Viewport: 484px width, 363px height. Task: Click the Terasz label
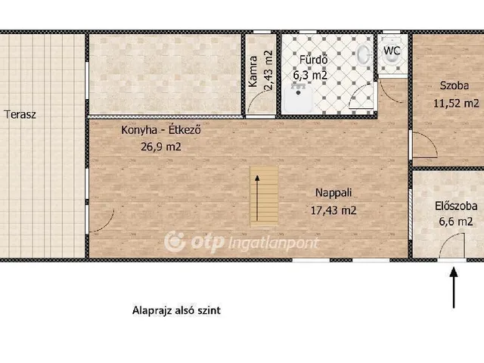coord(20,115)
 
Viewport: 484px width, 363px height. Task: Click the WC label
coord(392,51)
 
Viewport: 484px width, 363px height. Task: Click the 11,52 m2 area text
coord(456,103)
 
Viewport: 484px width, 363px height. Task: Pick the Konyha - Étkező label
coord(161,130)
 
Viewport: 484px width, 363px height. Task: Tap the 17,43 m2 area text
coord(333,211)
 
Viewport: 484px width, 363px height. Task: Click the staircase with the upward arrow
coord(264,196)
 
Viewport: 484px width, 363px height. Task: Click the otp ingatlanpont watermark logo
coord(242,242)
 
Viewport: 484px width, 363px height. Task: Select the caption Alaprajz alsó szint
coord(176,310)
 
